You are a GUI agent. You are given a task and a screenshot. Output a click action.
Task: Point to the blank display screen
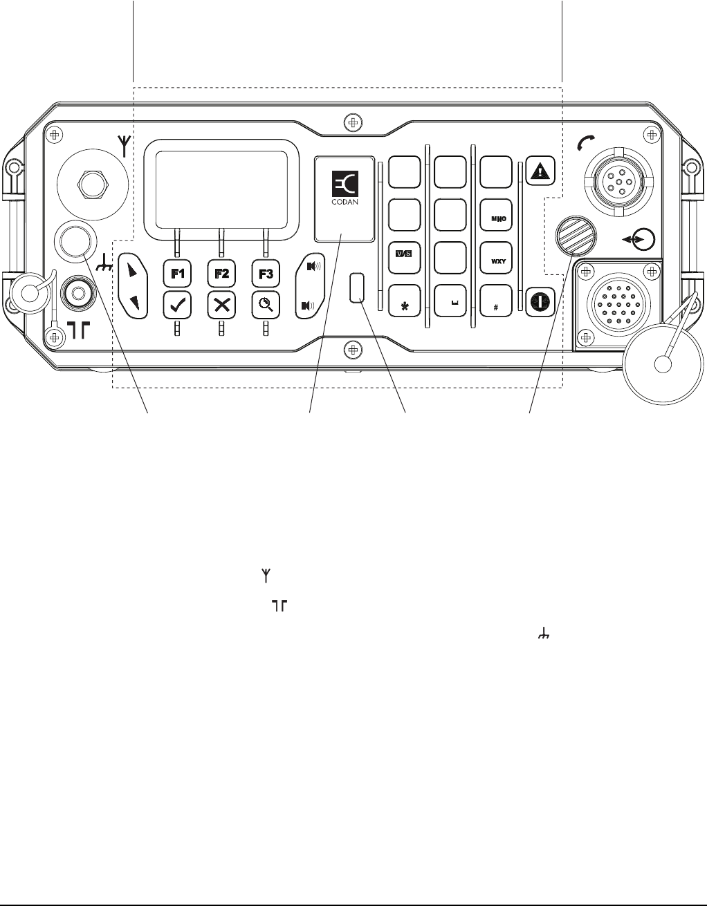pos(221,186)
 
